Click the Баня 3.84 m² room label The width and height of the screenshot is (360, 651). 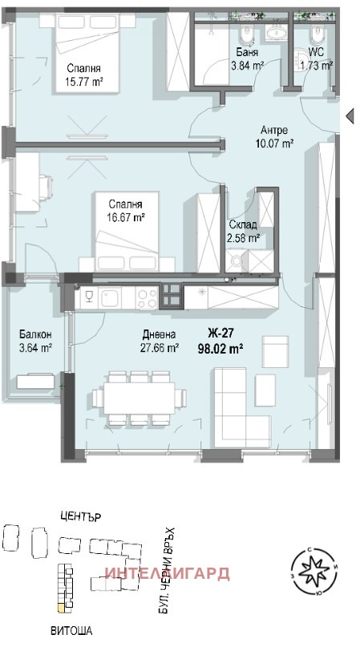coord(247,59)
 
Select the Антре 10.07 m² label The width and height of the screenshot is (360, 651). coord(274,136)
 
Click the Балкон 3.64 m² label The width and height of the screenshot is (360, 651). coord(35,341)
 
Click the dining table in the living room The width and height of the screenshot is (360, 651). coord(139,398)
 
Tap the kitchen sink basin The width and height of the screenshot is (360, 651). coord(109,297)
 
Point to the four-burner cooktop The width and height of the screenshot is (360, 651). coord(147,297)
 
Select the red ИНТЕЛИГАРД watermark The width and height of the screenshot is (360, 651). coord(168,573)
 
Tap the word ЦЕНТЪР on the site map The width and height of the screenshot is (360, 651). coord(80,517)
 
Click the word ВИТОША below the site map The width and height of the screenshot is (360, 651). coord(71,631)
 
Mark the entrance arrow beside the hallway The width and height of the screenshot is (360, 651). coord(350,115)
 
